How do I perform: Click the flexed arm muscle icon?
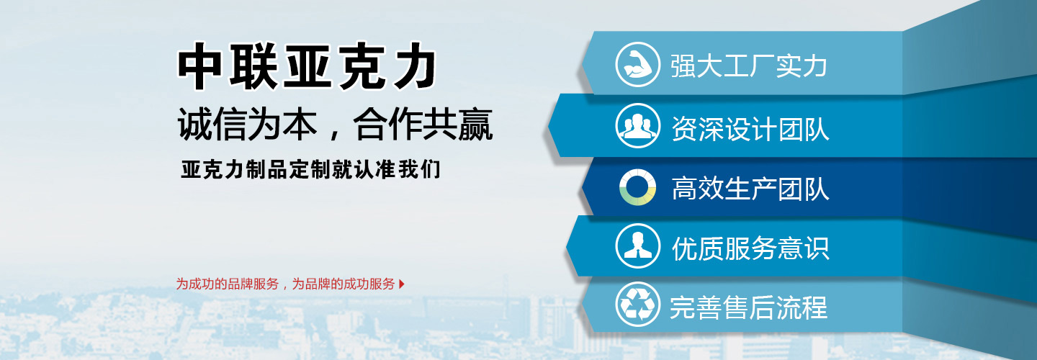click(x=637, y=64)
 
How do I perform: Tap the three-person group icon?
click(x=637, y=125)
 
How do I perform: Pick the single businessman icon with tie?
click(x=637, y=246)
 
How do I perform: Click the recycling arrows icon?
click(x=637, y=304)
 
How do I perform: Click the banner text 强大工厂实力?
click(x=749, y=66)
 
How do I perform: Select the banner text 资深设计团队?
click(x=750, y=129)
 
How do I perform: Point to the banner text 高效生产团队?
click(x=750, y=189)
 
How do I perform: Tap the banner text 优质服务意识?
click(x=750, y=248)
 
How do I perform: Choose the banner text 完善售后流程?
click(x=749, y=307)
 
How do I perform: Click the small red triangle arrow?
click(x=402, y=284)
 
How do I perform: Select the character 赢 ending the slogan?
click(x=475, y=124)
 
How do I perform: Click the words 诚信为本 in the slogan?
click(x=248, y=124)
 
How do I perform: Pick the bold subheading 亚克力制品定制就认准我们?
click(x=310, y=169)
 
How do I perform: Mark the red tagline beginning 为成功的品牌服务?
click(x=285, y=284)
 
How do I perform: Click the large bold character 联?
click(x=253, y=66)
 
